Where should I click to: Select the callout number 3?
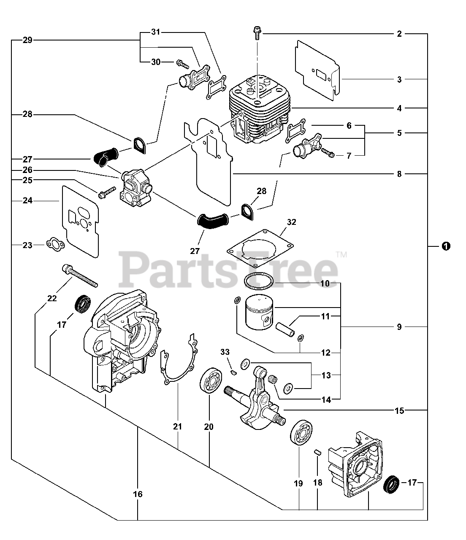[399, 79]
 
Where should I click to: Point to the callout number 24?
[27, 201]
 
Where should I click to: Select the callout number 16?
[138, 494]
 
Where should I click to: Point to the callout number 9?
[399, 327]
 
